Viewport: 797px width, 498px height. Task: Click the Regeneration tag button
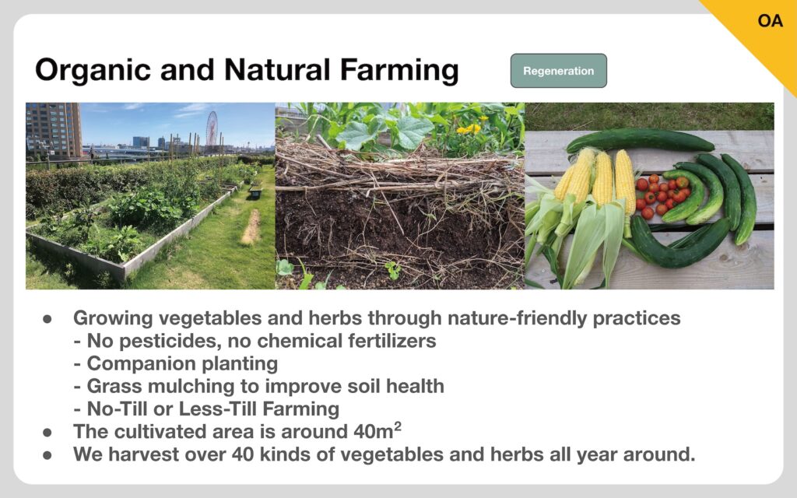click(559, 71)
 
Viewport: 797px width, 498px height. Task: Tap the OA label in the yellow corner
click(770, 21)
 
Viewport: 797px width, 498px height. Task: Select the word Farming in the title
click(399, 70)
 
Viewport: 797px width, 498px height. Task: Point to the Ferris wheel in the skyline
click(212, 128)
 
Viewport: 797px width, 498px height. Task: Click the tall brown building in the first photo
click(54, 130)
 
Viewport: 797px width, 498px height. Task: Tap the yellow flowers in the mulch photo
click(468, 129)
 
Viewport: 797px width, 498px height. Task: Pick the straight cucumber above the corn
click(640, 140)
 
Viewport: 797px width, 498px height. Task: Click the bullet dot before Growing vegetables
click(47, 319)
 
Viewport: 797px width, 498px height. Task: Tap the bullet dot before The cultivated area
click(47, 433)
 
